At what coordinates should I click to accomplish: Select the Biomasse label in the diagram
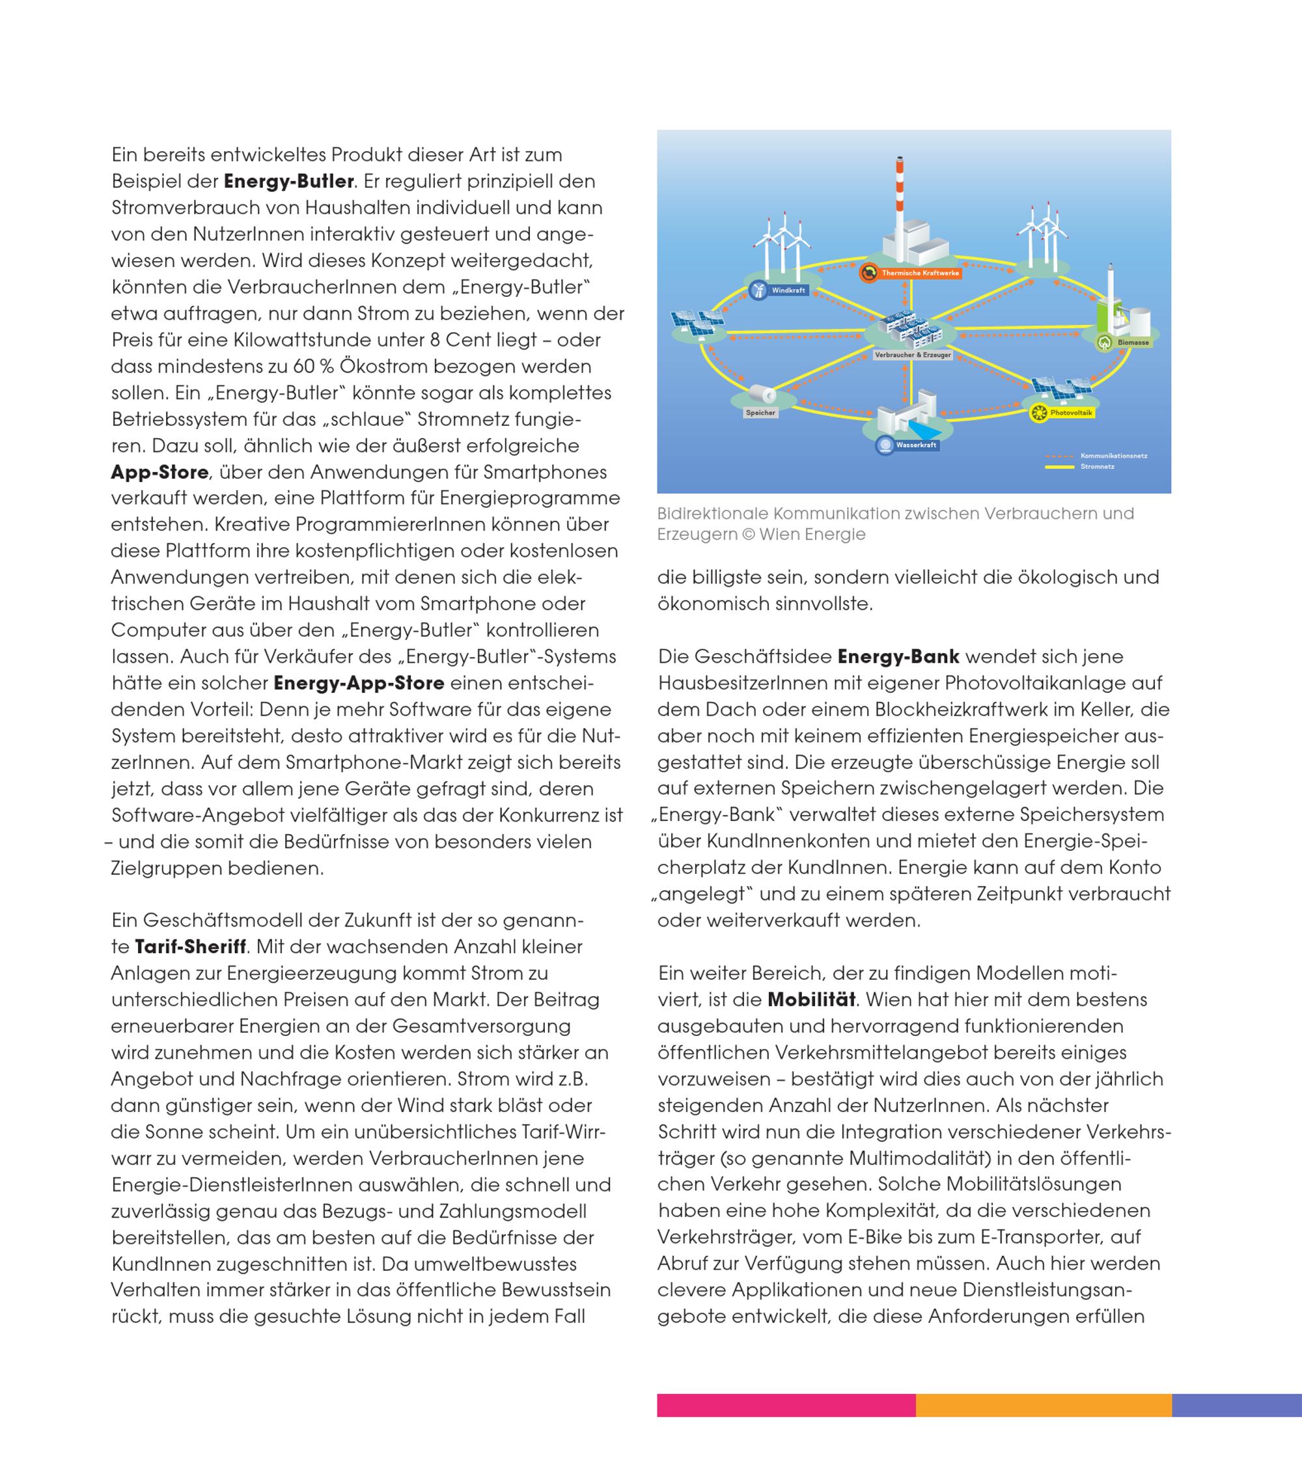click(1133, 342)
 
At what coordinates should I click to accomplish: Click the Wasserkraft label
click(916, 445)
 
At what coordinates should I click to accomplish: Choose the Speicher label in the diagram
click(760, 413)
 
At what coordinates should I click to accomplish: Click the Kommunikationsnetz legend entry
click(1114, 456)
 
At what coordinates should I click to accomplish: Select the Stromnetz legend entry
click(1097, 467)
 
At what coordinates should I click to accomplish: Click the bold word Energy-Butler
click(289, 181)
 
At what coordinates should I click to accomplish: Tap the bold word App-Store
click(159, 472)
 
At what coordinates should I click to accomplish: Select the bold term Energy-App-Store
click(359, 683)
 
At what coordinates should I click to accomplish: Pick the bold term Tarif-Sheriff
click(191, 947)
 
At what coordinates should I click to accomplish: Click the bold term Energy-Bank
click(898, 656)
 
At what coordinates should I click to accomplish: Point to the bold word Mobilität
click(811, 1000)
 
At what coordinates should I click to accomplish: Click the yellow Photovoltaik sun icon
click(1038, 413)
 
